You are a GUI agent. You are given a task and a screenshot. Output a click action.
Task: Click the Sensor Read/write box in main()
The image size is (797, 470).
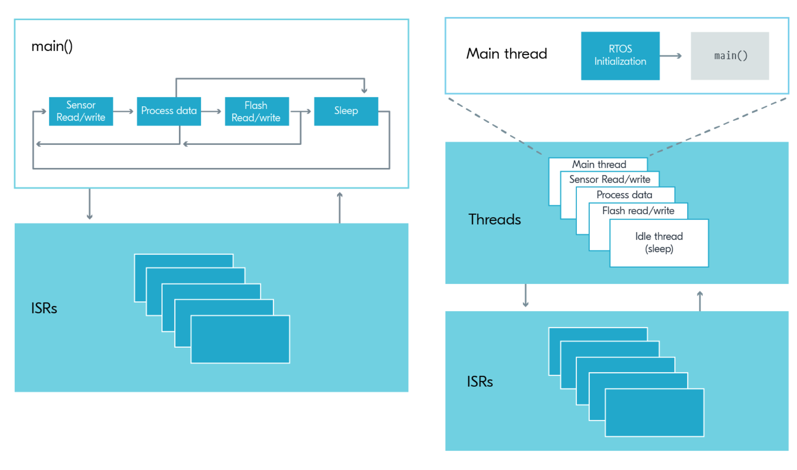tap(81, 111)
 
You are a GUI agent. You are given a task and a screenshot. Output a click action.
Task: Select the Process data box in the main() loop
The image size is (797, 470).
tap(169, 111)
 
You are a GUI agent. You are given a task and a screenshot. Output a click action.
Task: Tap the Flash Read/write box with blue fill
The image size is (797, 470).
tap(257, 111)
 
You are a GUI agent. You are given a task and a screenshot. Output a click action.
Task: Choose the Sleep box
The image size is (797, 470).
tap(346, 111)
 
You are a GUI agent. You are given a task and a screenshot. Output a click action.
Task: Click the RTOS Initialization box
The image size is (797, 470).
tap(620, 56)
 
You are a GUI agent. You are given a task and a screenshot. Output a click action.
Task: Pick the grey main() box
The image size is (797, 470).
tap(730, 56)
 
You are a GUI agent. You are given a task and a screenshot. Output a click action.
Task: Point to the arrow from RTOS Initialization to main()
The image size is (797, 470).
tap(671, 56)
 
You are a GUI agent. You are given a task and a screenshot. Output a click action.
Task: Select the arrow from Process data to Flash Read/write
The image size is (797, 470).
tap(211, 111)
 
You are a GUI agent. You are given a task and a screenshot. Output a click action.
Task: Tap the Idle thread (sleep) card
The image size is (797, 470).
tap(659, 243)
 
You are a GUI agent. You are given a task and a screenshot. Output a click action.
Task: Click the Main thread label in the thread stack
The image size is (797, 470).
tap(599, 165)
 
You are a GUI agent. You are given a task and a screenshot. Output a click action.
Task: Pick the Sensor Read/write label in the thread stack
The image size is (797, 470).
tap(610, 179)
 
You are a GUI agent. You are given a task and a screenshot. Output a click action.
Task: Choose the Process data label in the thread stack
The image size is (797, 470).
tap(624, 195)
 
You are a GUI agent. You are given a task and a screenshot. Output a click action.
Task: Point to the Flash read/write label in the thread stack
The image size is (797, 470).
tap(638, 211)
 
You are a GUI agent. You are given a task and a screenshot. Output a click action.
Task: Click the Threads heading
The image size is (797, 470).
tap(494, 220)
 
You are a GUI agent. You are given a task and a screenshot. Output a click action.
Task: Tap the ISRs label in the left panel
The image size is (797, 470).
tap(44, 308)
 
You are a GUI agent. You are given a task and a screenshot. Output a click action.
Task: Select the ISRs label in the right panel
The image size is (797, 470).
tap(480, 382)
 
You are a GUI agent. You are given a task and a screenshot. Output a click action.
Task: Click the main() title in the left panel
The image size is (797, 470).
tap(52, 46)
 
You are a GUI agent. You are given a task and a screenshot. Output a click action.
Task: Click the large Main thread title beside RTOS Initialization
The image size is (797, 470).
tap(507, 54)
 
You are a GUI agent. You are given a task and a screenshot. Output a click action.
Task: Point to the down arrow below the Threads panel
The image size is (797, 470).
tap(526, 296)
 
